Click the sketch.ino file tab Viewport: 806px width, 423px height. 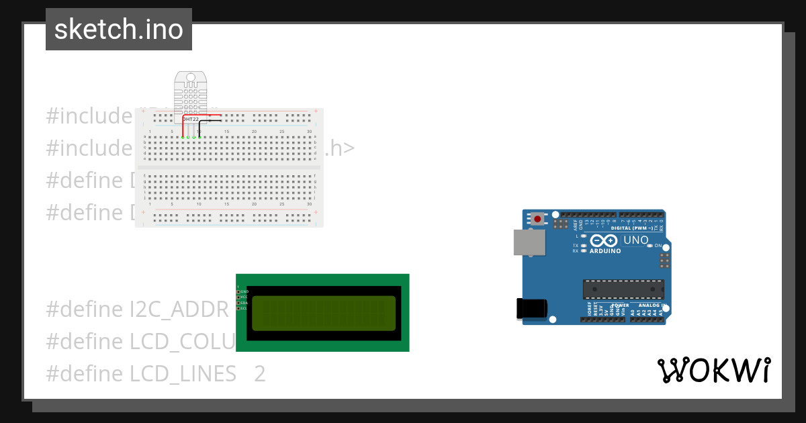coord(119,30)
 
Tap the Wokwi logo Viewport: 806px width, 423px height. coord(713,370)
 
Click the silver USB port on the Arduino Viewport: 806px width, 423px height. coord(529,242)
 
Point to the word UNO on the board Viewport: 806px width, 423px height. coord(636,240)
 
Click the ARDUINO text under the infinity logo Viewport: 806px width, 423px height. coord(604,251)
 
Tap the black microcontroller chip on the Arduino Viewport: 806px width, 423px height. coord(623,289)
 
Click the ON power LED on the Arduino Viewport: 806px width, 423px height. coord(650,246)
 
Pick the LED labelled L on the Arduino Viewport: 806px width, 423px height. coord(583,236)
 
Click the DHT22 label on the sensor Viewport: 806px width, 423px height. coord(191,119)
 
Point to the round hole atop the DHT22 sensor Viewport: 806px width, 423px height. coord(191,78)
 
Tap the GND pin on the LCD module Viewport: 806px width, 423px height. coord(238,291)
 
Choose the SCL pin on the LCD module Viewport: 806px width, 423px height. coord(238,308)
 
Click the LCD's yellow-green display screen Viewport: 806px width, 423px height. coord(322,313)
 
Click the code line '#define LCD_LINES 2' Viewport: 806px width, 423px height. coord(156,373)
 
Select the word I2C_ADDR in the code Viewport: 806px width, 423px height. coord(179,310)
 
